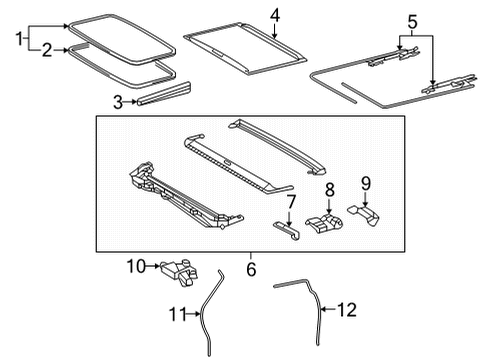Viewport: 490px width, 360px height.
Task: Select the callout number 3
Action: pos(118,101)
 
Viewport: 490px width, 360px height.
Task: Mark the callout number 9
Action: pos(367,182)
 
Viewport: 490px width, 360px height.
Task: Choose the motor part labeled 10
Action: pos(177,268)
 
